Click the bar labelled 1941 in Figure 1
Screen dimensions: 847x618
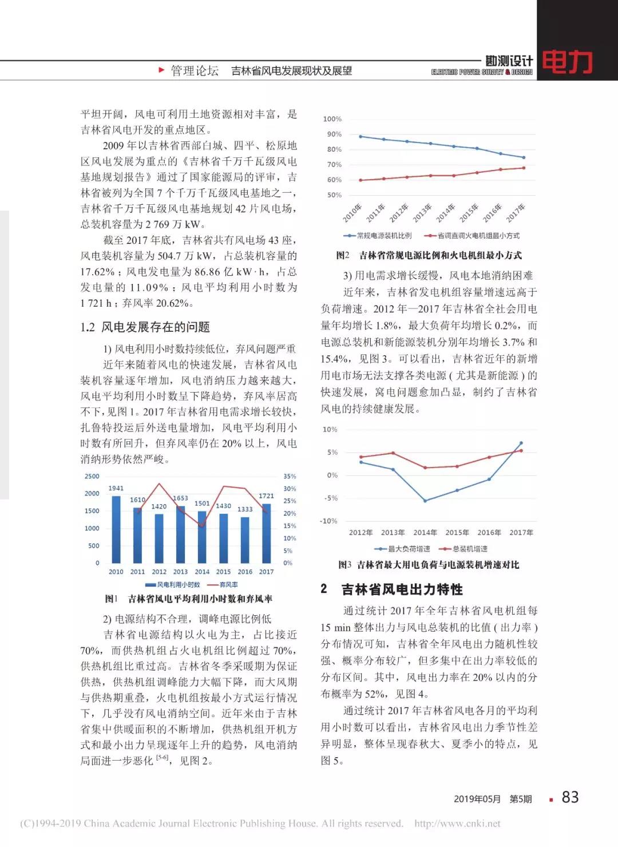[x=116, y=529]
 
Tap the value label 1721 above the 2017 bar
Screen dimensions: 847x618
[x=266, y=496]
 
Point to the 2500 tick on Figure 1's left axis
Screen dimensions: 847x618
[x=92, y=476]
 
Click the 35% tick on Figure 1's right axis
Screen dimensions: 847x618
[x=290, y=476]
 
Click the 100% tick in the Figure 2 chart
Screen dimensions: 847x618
[x=332, y=119]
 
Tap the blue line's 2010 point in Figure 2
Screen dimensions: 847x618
[x=360, y=136]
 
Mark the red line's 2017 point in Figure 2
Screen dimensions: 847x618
[x=524, y=168]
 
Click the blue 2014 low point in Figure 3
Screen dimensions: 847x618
[x=425, y=500]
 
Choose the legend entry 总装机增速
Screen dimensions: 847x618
[x=470, y=549]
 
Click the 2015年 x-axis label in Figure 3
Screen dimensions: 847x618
[x=457, y=532]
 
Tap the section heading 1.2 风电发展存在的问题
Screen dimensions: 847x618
[x=145, y=327]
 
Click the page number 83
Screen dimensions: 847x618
[x=570, y=797]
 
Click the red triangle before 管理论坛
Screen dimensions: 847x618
[x=162, y=70]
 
